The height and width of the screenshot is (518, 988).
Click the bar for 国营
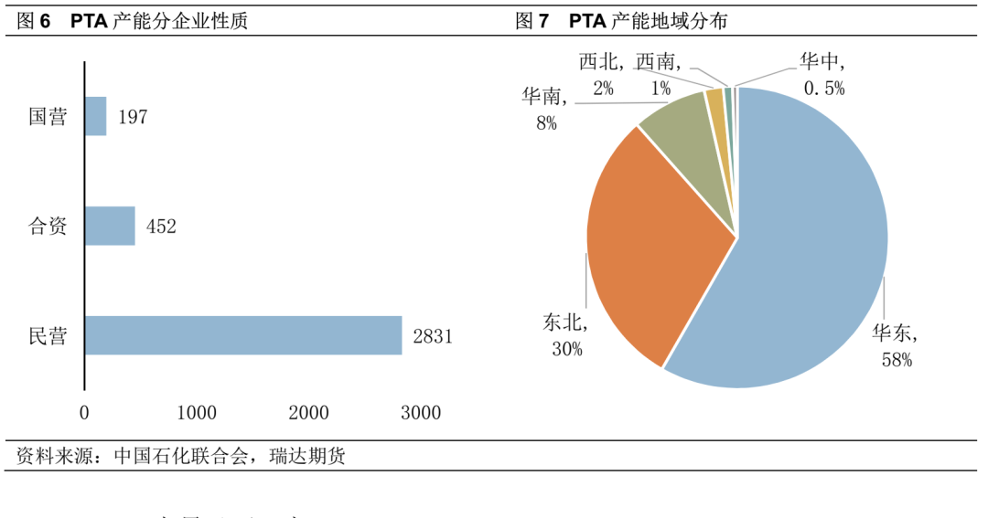pos(96,116)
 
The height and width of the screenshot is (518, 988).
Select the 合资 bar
pos(110,226)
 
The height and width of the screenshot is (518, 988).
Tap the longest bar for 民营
pos(243,335)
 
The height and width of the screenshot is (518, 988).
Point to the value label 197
pos(133,117)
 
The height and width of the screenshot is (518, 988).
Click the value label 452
pos(161,227)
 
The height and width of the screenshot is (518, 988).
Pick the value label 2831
pos(433,336)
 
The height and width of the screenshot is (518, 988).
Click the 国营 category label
pos(48,117)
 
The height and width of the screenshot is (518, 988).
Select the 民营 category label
pos(48,336)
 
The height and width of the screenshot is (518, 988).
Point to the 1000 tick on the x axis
pos(197,413)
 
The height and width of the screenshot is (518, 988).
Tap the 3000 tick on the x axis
pos(421,413)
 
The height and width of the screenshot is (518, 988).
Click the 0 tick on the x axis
pos(85,413)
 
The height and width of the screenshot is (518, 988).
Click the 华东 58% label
pos(896,346)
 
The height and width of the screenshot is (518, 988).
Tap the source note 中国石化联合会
pos(181,456)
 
